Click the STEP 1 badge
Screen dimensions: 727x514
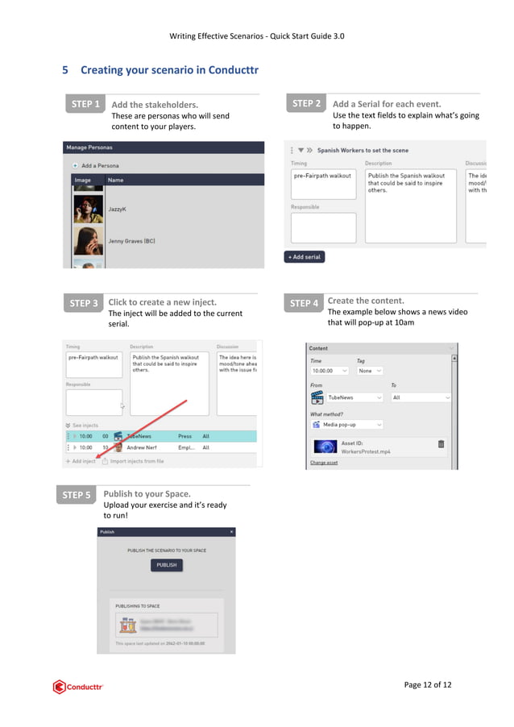pyautogui.click(x=85, y=104)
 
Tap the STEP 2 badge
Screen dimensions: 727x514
pyautogui.click(x=306, y=103)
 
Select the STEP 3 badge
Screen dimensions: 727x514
pyautogui.click(x=83, y=303)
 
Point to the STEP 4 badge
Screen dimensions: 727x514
pyautogui.click(x=304, y=303)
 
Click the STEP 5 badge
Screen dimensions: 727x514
pyautogui.click(x=76, y=494)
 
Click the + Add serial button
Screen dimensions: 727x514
pyautogui.click(x=305, y=257)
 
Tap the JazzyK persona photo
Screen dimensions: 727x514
pyautogui.click(x=88, y=209)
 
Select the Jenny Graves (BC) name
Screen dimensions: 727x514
pyautogui.click(x=131, y=240)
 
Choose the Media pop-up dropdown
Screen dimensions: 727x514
pyautogui.click(x=347, y=424)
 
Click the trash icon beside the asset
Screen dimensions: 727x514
pyautogui.click(x=441, y=444)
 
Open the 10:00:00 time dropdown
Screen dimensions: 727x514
pyautogui.click(x=329, y=371)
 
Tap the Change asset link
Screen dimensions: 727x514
pyautogui.click(x=324, y=463)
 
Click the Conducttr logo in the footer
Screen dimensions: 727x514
pyautogui.click(x=78, y=687)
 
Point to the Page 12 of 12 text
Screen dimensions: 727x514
pyautogui.click(x=427, y=685)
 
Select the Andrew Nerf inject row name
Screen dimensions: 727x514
pyautogui.click(x=141, y=447)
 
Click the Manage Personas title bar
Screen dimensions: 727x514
pyautogui.click(x=164, y=147)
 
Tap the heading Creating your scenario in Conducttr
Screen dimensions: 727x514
pyautogui.click(x=168, y=70)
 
